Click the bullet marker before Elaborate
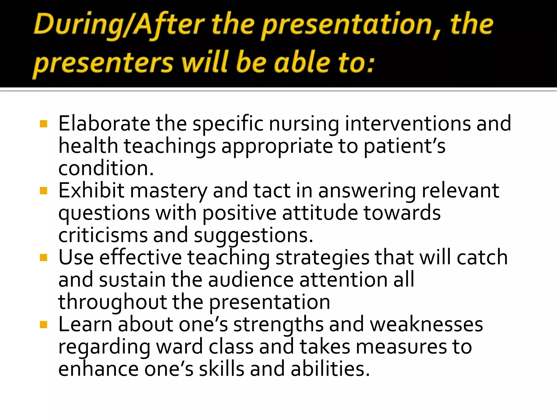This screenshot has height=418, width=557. (44, 124)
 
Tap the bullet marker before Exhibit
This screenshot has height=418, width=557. (44, 191)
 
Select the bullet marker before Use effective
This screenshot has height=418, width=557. (44, 258)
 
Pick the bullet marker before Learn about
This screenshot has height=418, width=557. (44, 325)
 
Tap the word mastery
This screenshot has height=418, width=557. (169, 191)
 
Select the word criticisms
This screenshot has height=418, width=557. (103, 235)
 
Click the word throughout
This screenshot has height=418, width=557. (112, 302)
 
